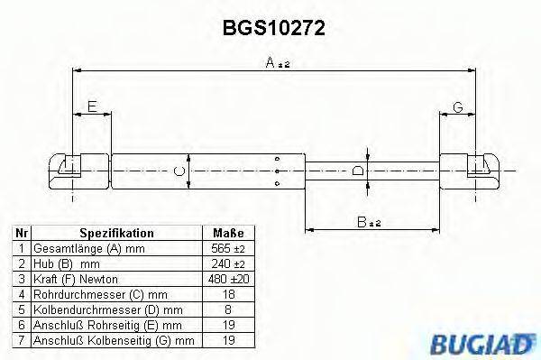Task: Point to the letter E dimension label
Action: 91,107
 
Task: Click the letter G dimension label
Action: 457,107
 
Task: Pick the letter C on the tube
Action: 179,170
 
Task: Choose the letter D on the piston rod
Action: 358,170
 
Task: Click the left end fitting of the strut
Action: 68,169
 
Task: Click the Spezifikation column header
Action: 116,233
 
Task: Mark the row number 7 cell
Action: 21,340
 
